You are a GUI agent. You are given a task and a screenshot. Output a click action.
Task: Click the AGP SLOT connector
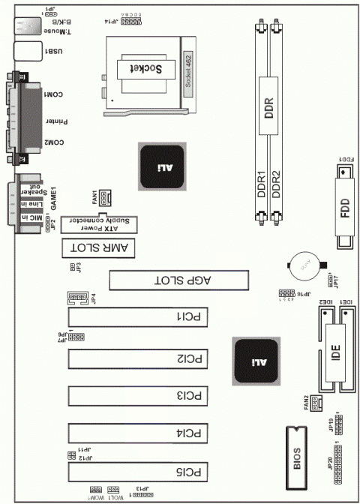click(181, 280)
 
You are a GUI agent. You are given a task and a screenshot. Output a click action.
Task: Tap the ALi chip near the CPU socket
click(162, 166)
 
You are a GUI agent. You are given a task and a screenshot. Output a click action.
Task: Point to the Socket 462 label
click(187, 71)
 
